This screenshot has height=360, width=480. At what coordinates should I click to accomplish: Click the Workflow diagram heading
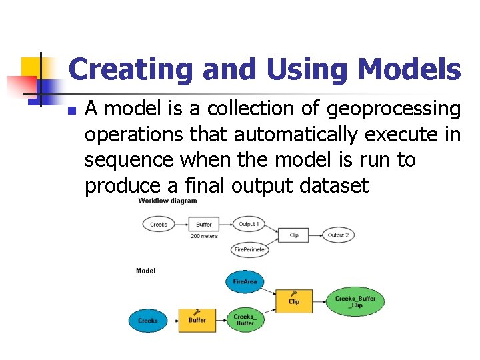167,201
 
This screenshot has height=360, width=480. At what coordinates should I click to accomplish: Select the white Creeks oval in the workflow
159,225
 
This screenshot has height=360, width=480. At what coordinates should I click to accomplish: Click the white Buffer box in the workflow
204,225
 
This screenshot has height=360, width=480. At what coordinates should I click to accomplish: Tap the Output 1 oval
249,225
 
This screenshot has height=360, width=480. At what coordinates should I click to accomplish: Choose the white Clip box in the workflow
294,235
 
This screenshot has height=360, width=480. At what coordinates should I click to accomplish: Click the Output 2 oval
338,235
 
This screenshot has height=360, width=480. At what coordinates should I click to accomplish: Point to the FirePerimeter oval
251,249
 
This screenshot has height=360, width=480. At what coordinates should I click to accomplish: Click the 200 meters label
204,237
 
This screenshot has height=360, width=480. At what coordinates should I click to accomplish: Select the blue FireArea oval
245,282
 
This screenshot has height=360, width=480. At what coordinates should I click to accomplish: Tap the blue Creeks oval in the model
148,321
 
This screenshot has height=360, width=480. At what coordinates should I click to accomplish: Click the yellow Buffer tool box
197,320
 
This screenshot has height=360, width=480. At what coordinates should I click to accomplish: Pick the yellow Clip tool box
294,301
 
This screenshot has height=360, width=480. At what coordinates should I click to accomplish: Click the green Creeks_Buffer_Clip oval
355,302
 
